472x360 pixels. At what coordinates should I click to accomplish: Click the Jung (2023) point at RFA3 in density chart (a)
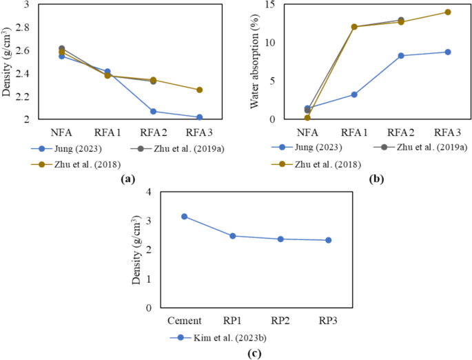pos(199,117)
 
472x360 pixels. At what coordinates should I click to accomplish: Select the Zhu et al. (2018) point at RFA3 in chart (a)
pos(199,90)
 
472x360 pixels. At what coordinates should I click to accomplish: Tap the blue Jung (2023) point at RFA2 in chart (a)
pos(153,111)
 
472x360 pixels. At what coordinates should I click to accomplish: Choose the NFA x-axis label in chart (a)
pos(61,132)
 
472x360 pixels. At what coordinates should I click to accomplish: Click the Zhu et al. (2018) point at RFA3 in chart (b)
pos(447,12)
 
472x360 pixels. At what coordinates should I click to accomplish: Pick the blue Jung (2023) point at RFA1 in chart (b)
pos(354,94)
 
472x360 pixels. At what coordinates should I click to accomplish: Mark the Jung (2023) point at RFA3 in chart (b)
pos(447,52)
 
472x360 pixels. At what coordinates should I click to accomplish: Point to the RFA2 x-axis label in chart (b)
pos(400,132)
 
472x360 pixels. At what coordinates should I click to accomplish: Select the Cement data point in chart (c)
pos(184,217)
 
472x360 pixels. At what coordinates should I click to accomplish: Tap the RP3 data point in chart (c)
pos(328,240)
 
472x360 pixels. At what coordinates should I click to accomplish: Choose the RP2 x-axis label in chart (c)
pos(280,321)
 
